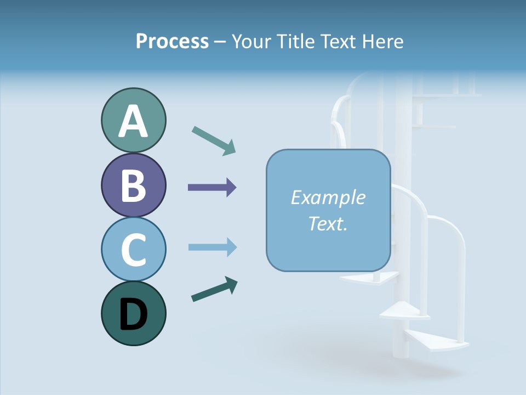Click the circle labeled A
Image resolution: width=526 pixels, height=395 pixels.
point(133,120)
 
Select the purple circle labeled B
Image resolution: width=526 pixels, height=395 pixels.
point(133,185)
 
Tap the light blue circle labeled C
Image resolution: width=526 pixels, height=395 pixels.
point(133,249)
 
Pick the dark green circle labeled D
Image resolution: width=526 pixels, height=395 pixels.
point(133,313)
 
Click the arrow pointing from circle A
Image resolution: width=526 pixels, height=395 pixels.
point(214,140)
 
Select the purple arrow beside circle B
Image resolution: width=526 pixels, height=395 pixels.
point(212,188)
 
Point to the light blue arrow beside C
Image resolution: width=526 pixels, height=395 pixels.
point(212,247)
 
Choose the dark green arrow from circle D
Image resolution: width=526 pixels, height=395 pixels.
point(214,289)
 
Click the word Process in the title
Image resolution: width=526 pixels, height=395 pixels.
point(172,41)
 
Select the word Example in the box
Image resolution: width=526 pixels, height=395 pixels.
point(328,198)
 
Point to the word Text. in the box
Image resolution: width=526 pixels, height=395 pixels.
point(328,223)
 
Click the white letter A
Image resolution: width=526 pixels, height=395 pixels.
point(133,121)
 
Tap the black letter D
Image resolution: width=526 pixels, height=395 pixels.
point(133,314)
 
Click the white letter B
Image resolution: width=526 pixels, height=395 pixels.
point(133,185)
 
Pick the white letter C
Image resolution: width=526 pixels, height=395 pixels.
point(133,250)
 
